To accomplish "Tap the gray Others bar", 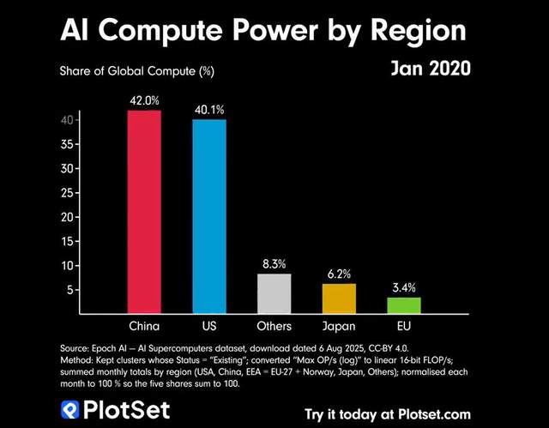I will tap(274, 293).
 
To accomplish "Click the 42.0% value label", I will tap(144, 101).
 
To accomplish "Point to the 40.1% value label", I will tap(208, 111).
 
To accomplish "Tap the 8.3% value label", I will tap(274, 264).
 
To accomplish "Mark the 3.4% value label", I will tap(404, 287).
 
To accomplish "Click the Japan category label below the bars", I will tap(339, 327).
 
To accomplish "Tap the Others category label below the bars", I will tap(274, 327).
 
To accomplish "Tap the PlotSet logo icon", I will tap(70, 411).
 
